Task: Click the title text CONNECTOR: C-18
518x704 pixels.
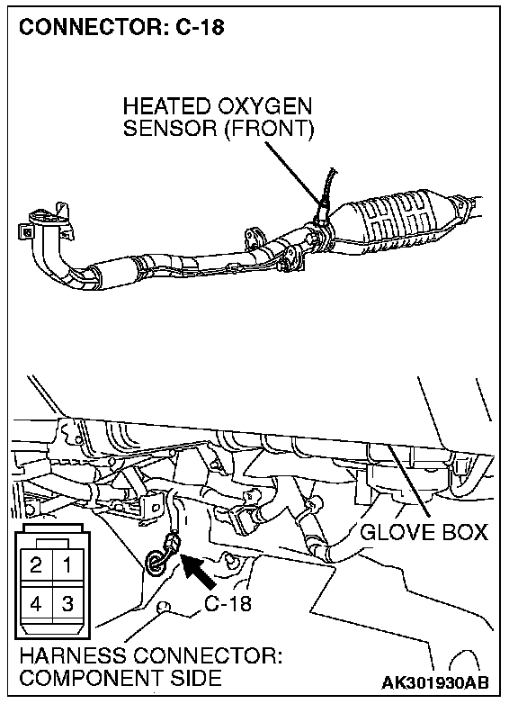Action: click(x=121, y=27)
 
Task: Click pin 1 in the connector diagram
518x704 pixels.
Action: click(x=67, y=564)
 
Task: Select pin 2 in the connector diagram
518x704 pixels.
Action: click(x=36, y=564)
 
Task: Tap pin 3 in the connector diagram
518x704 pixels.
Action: click(x=67, y=603)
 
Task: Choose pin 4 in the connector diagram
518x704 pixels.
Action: click(x=36, y=603)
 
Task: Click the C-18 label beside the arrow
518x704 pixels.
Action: click(x=228, y=603)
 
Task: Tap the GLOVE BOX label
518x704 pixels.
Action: click(x=424, y=532)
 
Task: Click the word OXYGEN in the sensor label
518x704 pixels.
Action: click(x=265, y=107)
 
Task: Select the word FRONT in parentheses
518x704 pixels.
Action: click(x=269, y=129)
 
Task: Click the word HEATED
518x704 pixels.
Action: click(x=167, y=107)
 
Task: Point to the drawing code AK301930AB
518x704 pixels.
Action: click(x=434, y=682)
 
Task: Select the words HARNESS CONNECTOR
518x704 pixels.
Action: click(x=151, y=656)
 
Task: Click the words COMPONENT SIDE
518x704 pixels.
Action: click(x=121, y=678)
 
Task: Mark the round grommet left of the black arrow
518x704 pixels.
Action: click(x=155, y=562)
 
